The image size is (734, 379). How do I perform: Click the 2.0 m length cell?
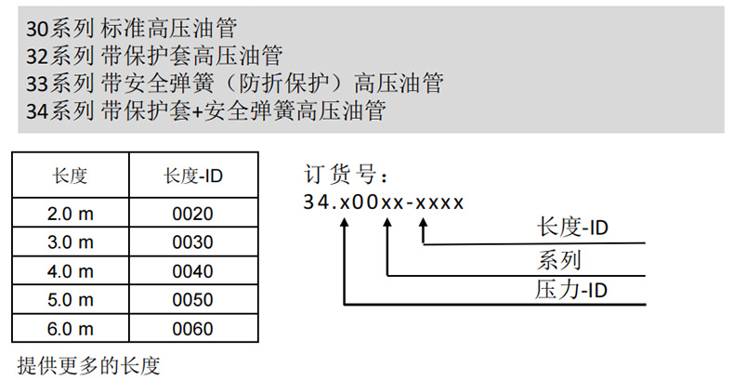coord(71,214)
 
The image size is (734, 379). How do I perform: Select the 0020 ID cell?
coord(192,214)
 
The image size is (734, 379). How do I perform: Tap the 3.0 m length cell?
coord(71,242)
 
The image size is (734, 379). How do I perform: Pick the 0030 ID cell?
coord(192,242)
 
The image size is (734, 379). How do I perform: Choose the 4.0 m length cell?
coord(71,271)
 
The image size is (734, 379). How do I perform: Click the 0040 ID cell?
coord(192,271)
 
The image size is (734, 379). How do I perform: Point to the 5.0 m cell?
coord(71,300)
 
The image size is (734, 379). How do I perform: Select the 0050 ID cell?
coord(192,300)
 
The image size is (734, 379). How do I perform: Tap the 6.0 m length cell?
coord(71,329)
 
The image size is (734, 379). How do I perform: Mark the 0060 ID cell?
coord(192,329)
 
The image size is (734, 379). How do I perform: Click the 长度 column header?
coord(71,175)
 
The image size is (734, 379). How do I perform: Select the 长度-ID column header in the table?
coord(192,175)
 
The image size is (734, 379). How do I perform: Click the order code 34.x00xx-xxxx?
coord(383,202)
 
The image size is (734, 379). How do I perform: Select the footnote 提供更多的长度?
coord(82,361)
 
